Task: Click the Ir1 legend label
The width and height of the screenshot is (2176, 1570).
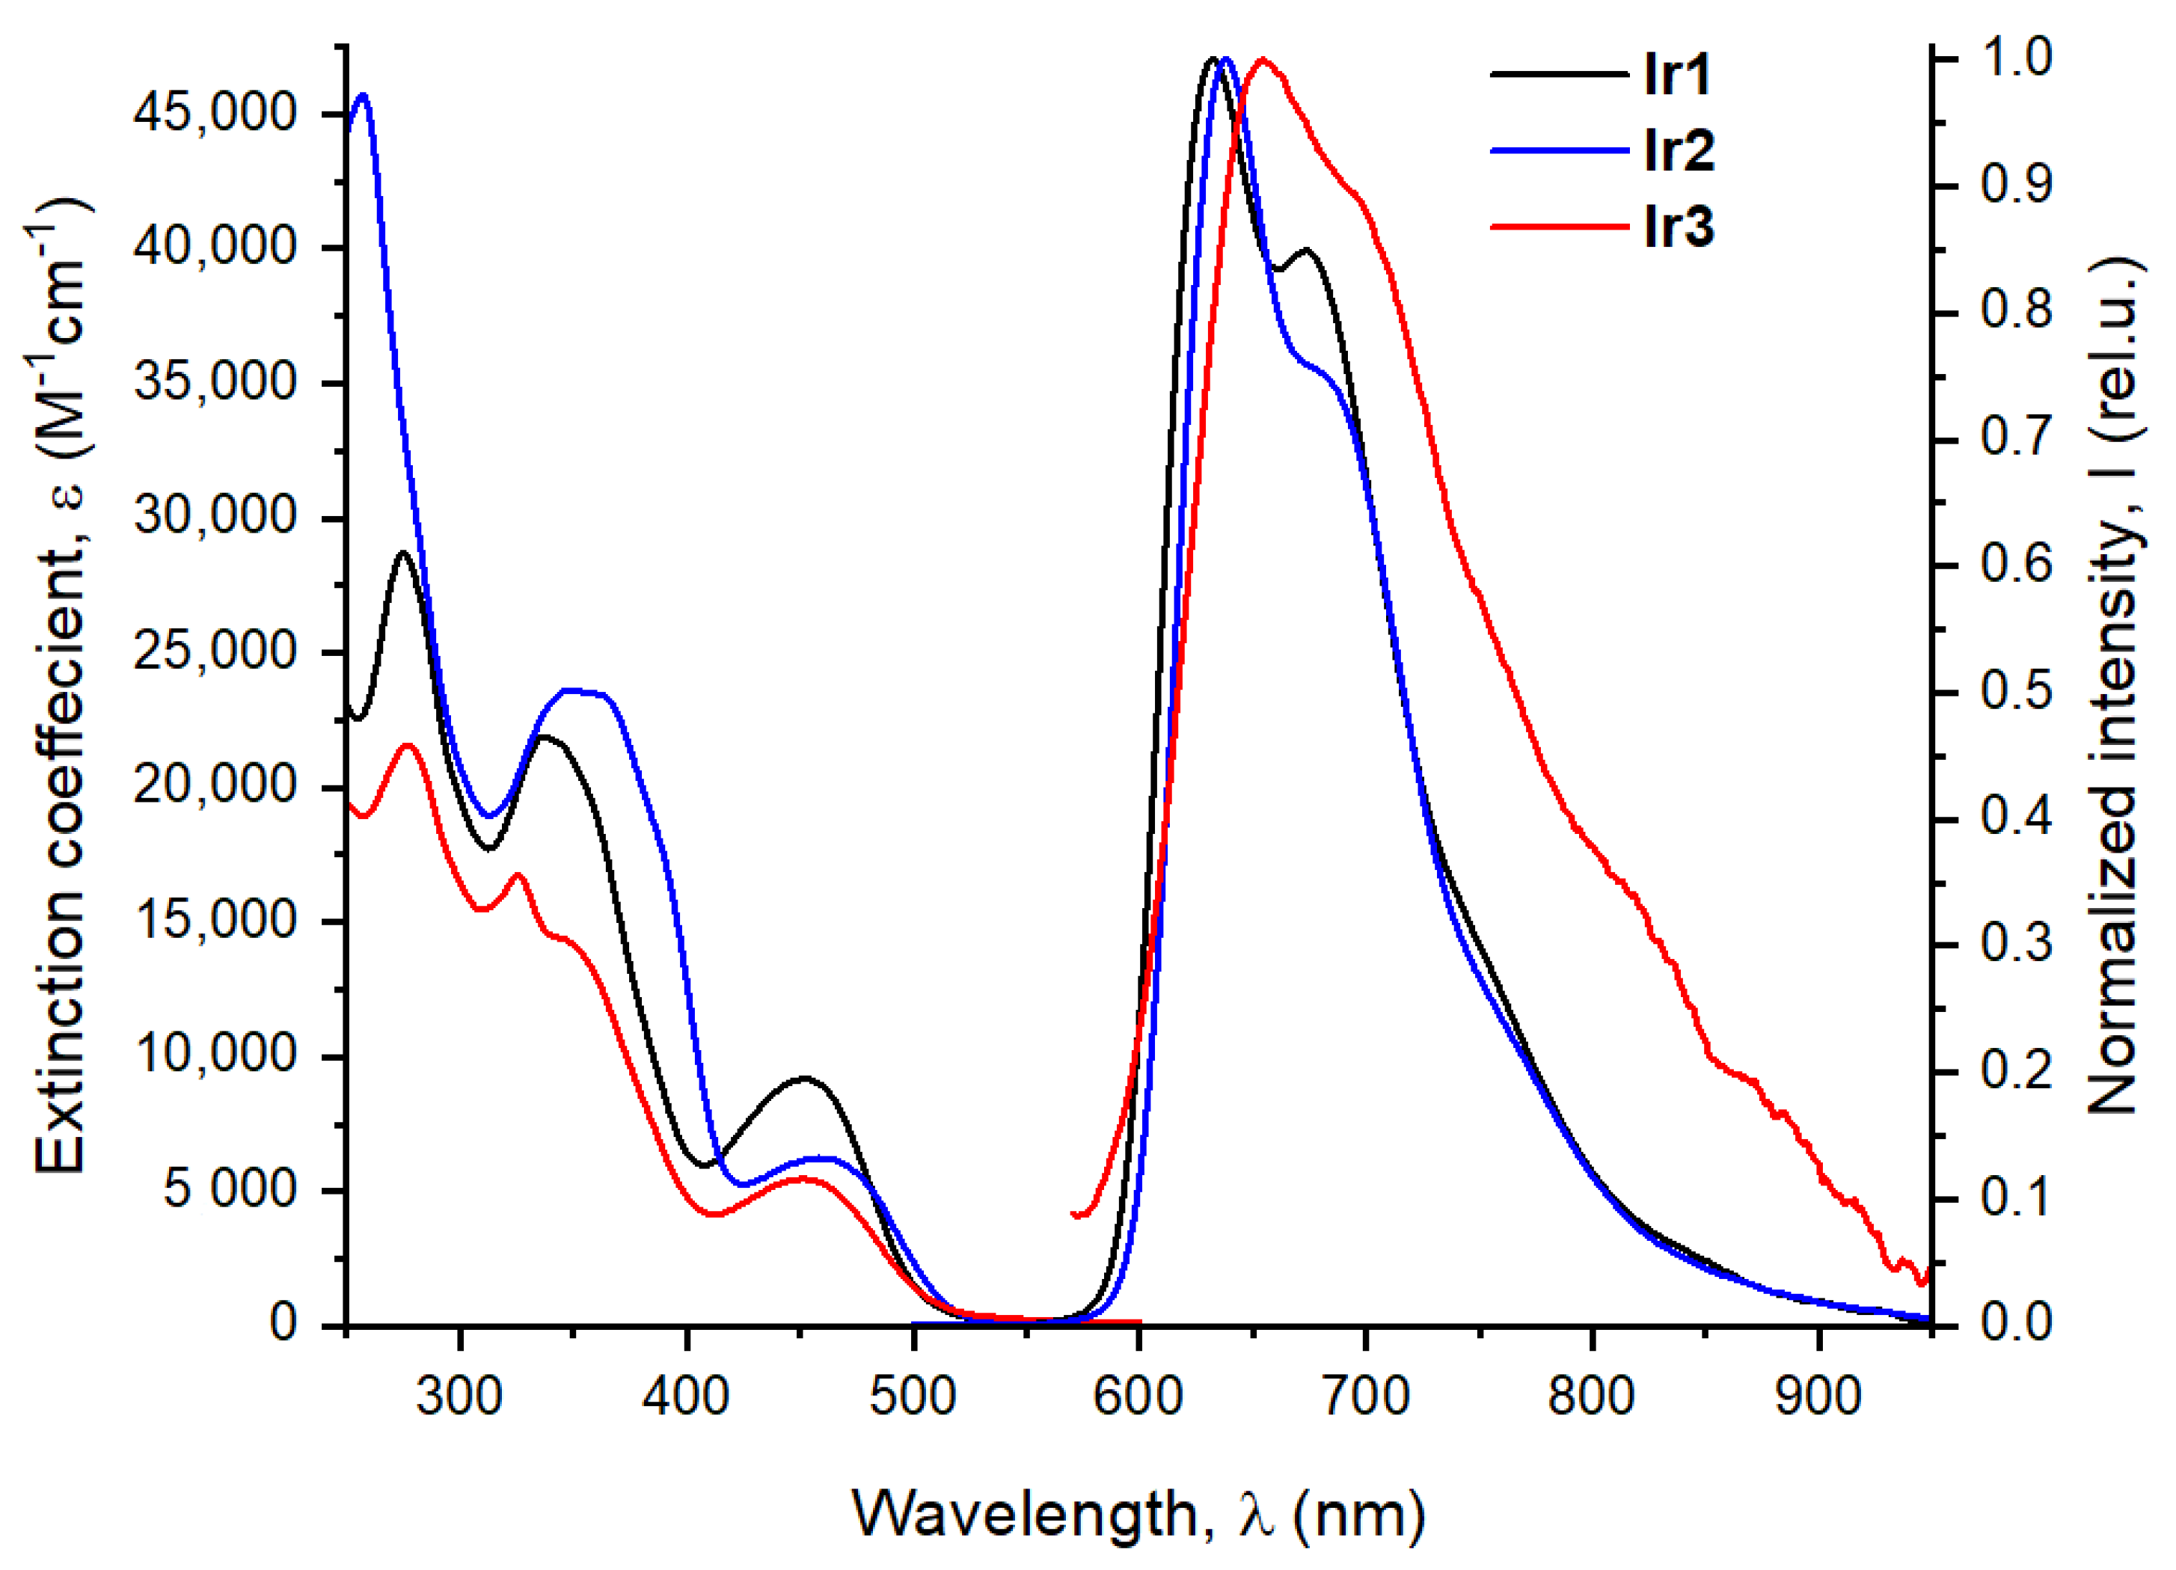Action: [1677, 74]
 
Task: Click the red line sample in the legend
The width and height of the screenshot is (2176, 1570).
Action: [1559, 227]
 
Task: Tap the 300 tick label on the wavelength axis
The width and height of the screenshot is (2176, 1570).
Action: [459, 1396]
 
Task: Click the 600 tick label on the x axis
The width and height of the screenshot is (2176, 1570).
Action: [1138, 1396]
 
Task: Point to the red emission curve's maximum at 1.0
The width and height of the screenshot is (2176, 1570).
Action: [1263, 61]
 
